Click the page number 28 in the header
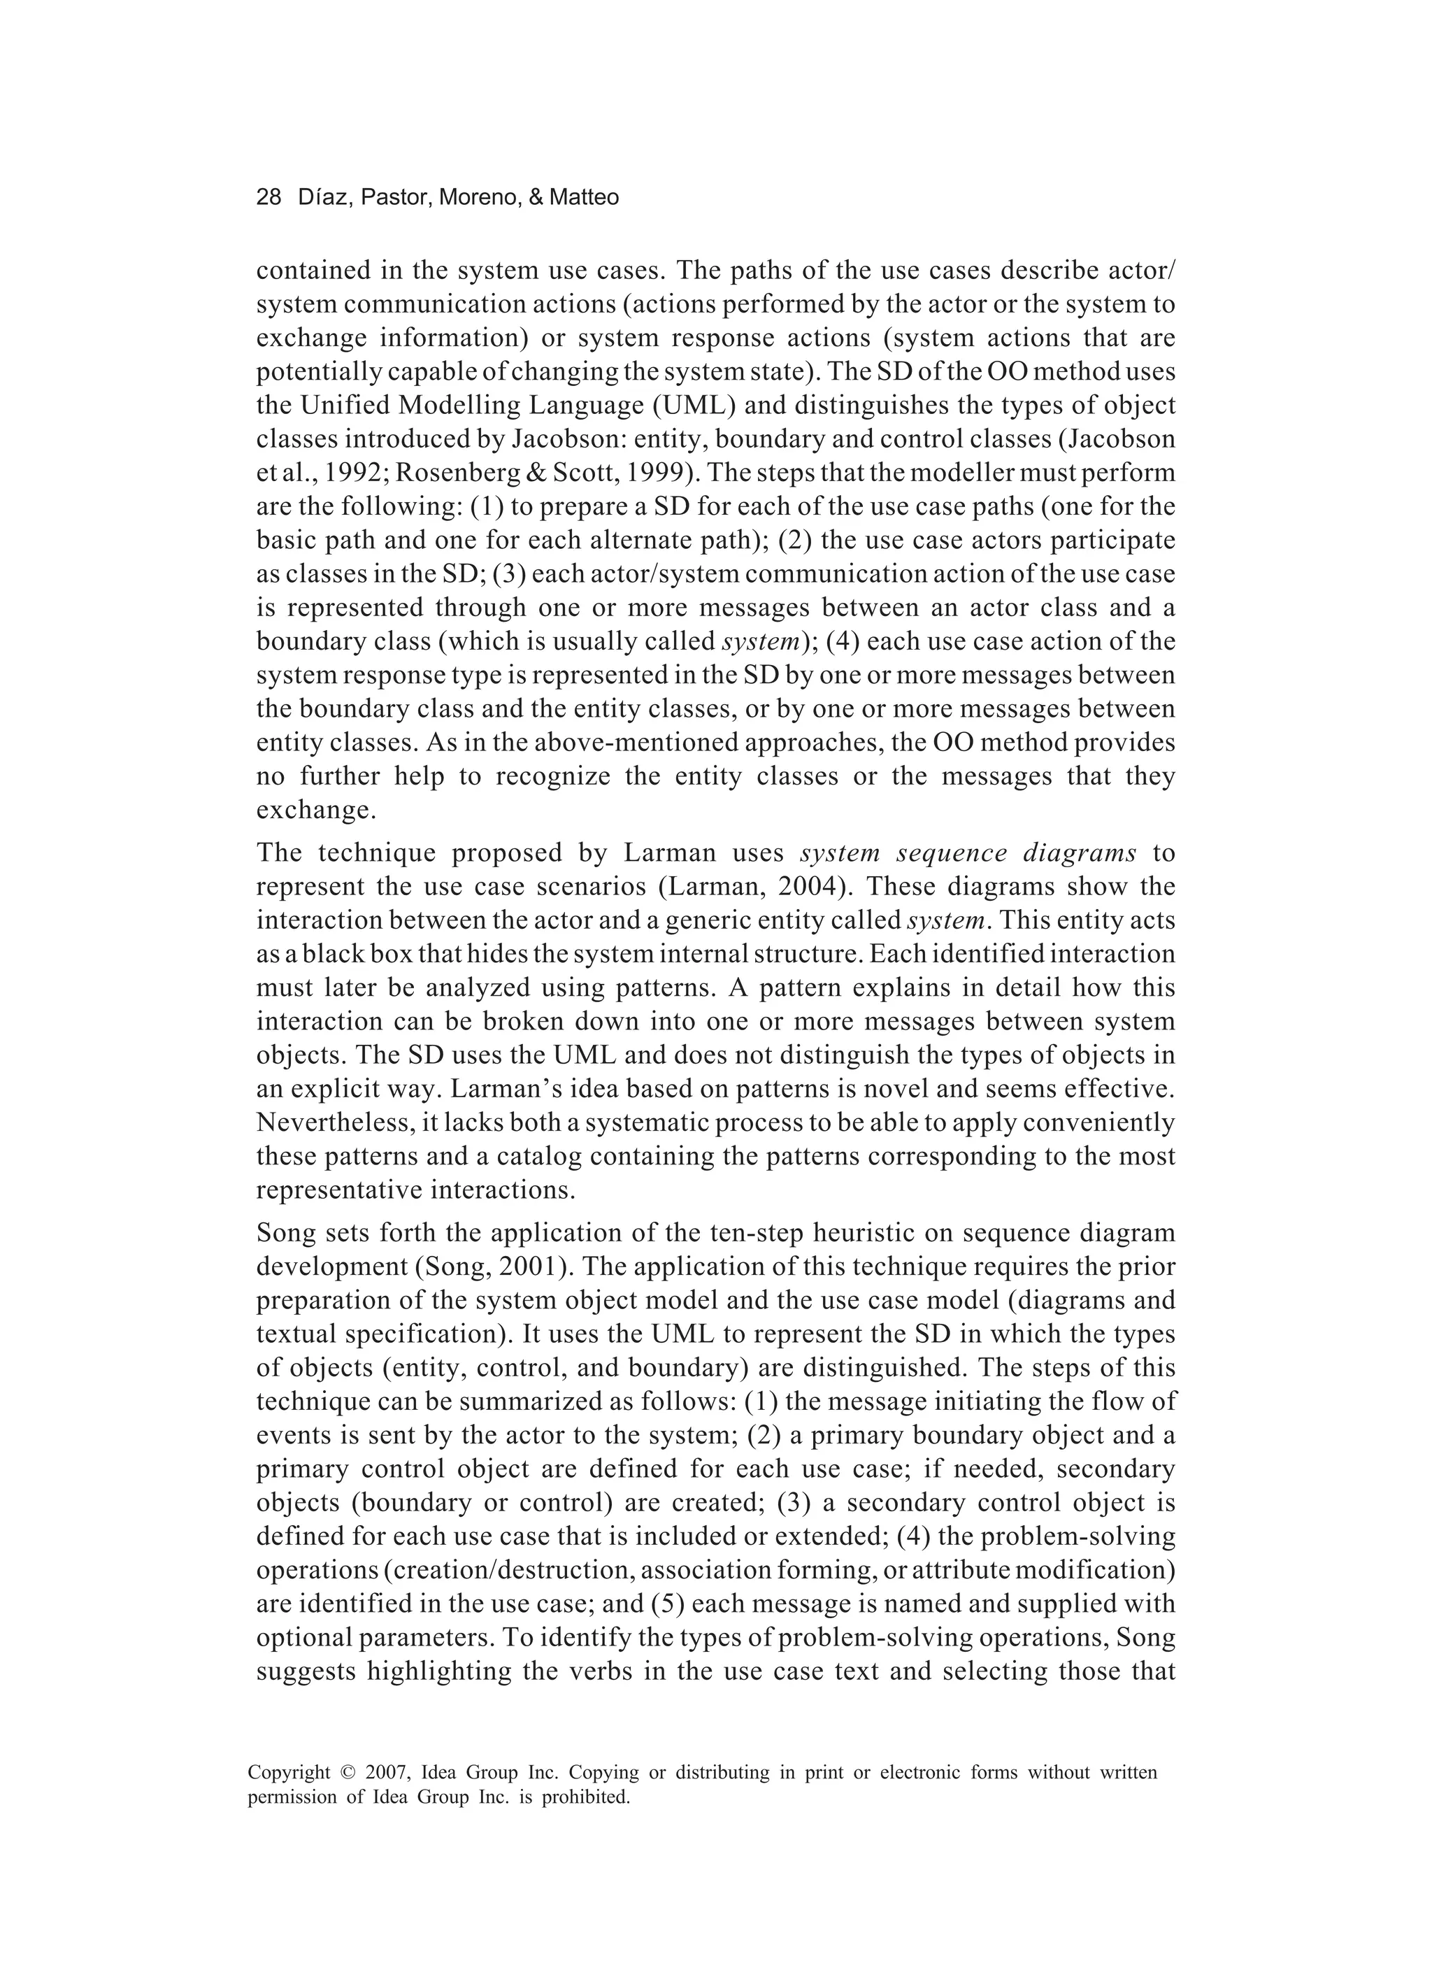tap(268, 198)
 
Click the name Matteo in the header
tap(585, 198)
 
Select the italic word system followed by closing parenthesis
tap(759, 642)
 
